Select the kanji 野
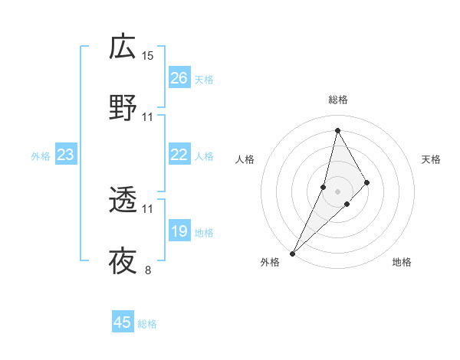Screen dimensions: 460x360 123,109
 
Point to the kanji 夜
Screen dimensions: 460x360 123,262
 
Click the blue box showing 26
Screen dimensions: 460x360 179,78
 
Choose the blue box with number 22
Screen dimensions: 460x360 179,155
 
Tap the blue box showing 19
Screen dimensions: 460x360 179,231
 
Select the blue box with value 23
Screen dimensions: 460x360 66,155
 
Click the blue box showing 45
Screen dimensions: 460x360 123,322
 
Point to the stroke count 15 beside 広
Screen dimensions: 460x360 148,55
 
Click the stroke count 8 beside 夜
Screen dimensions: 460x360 148,270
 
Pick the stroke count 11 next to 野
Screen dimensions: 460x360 148,117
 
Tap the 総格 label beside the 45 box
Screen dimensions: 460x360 147,324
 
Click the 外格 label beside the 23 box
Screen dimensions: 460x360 41,156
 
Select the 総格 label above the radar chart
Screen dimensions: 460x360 337,100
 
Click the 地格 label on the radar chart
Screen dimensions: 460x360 402,262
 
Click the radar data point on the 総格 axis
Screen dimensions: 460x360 337,130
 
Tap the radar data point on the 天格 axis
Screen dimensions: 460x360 367,182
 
